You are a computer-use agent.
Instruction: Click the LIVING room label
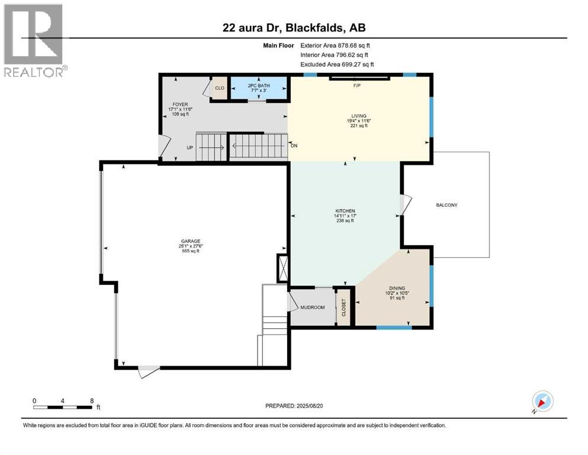tap(358, 116)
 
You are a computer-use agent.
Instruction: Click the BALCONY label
tap(446, 205)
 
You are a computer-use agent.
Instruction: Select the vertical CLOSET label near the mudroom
tap(343, 306)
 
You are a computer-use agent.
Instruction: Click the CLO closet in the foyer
tap(219, 88)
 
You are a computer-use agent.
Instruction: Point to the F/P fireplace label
tap(357, 86)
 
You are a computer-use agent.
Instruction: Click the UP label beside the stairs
tap(190, 148)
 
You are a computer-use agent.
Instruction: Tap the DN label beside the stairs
tap(294, 145)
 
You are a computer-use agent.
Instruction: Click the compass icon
tap(542, 402)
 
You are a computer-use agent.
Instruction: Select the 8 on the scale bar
tap(91, 400)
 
